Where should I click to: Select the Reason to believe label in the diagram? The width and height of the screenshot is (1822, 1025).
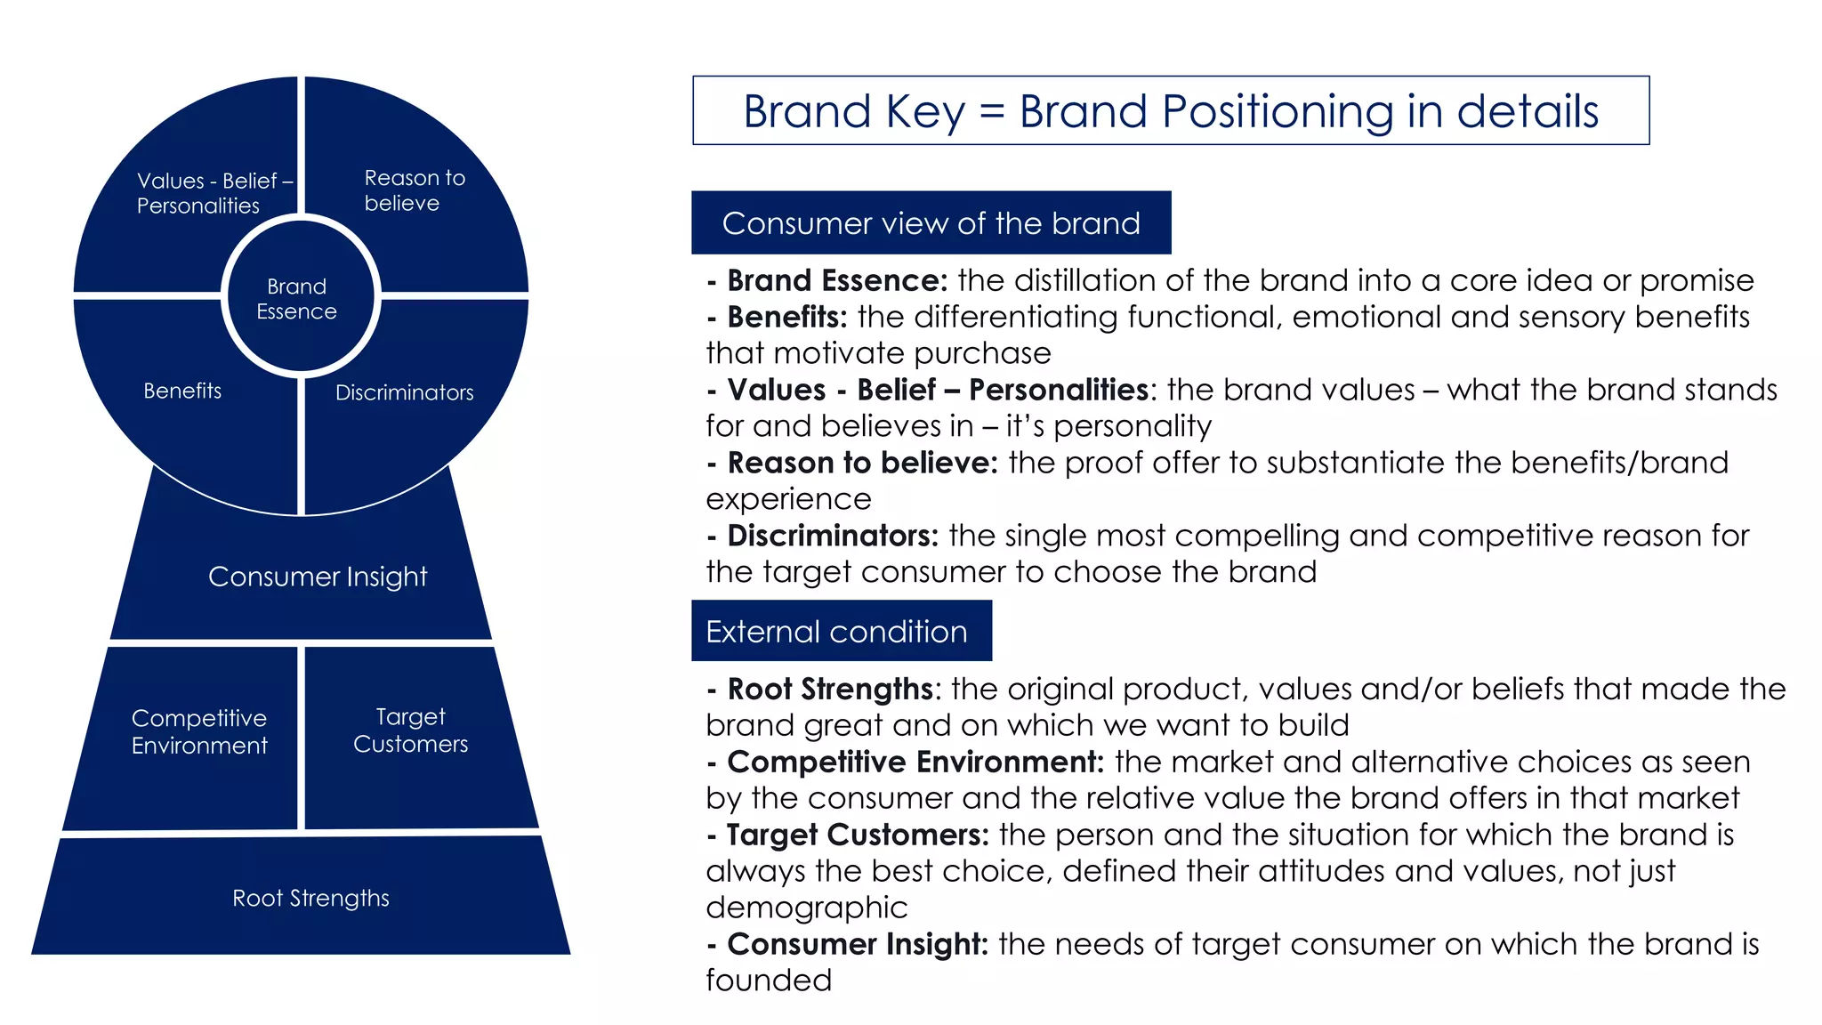click(x=414, y=190)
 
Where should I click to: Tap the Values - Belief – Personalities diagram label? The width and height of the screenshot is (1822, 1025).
click(x=214, y=193)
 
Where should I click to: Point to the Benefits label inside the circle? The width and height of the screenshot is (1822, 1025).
click(x=182, y=391)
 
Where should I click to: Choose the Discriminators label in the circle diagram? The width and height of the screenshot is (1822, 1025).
click(x=404, y=392)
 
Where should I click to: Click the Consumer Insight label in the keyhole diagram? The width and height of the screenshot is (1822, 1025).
click(x=318, y=577)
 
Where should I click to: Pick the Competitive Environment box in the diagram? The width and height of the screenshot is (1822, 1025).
click(x=199, y=731)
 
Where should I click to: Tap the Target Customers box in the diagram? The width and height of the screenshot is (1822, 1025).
click(x=410, y=730)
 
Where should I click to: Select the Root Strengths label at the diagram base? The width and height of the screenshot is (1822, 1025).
click(x=310, y=898)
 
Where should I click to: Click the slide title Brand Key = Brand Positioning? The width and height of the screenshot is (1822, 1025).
click(x=1170, y=111)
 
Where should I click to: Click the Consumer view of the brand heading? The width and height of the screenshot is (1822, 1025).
click(x=931, y=223)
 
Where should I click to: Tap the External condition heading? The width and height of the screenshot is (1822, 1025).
click(x=836, y=632)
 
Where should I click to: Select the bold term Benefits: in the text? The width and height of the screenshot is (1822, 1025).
click(x=786, y=317)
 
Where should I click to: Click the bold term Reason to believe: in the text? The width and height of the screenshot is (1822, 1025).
click(x=862, y=463)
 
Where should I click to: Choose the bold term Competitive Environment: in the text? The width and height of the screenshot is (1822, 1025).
click(x=915, y=762)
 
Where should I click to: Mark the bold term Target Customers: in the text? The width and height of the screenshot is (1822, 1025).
click(x=857, y=835)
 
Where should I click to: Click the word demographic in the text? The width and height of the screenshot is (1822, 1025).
click(x=807, y=908)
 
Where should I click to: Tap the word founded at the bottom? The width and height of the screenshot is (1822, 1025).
click(x=769, y=981)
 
